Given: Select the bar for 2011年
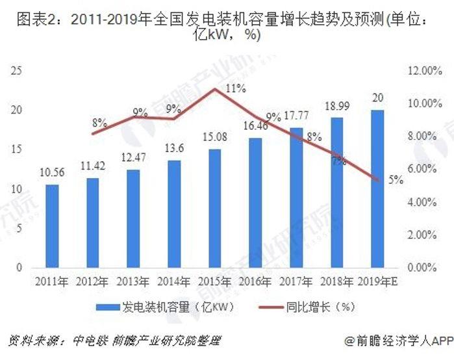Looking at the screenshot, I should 52,225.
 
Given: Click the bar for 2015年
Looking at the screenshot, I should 214,208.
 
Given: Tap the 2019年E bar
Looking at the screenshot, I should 377,188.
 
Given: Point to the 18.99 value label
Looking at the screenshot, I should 336,105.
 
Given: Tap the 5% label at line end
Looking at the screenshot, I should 396,181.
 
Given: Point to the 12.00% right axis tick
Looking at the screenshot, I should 425,71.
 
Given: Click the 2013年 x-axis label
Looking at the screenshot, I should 133,282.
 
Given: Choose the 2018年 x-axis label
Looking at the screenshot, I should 336,282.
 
